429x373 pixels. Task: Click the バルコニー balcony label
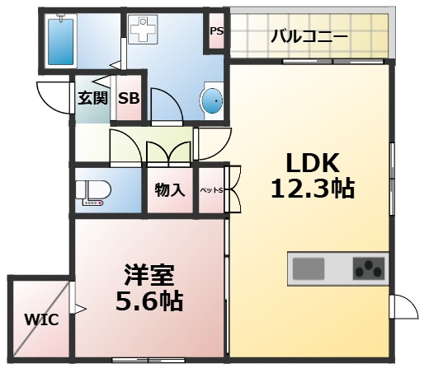click(309, 36)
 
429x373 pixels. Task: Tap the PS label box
click(216, 32)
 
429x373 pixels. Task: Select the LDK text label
click(313, 161)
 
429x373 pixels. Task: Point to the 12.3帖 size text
click(313, 189)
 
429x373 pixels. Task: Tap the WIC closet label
click(40, 319)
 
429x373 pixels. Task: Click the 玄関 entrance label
click(92, 99)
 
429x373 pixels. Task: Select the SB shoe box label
click(128, 99)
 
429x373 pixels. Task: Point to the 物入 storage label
click(169, 190)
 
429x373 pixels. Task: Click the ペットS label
click(212, 191)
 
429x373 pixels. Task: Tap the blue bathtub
click(61, 40)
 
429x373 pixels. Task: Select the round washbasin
click(212, 101)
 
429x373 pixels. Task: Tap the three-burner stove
click(368, 268)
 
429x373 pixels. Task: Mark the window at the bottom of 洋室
click(148, 359)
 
